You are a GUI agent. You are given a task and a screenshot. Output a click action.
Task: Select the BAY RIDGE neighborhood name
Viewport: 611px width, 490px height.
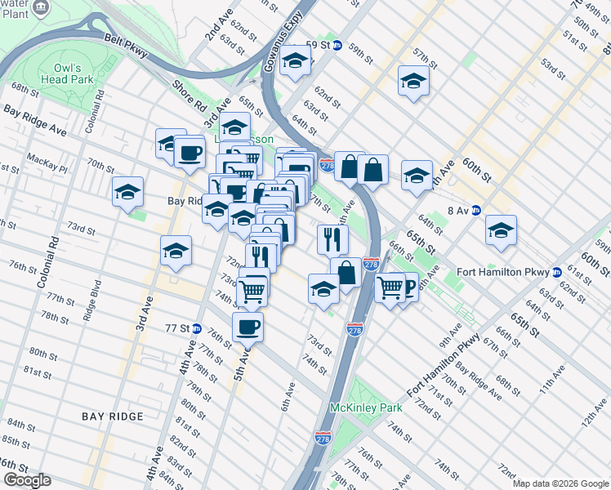[x=113, y=416]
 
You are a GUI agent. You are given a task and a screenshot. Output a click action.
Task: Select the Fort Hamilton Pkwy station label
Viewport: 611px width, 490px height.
[x=511, y=272]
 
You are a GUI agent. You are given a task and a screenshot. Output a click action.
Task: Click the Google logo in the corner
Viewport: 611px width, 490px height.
[x=27, y=480]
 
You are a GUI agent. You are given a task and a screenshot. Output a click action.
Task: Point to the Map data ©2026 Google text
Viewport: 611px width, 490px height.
[x=560, y=483]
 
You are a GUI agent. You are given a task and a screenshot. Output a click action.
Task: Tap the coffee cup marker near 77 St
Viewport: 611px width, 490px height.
[x=248, y=327]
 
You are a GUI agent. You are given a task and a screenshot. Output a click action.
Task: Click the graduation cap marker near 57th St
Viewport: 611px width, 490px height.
[x=414, y=81]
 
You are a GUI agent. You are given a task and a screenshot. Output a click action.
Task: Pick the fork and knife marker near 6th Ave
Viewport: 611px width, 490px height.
[x=332, y=238]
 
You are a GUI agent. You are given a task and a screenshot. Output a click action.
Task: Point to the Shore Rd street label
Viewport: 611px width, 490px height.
[x=189, y=95]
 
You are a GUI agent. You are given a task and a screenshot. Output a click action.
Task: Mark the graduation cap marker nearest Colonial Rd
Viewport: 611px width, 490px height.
[x=127, y=192]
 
